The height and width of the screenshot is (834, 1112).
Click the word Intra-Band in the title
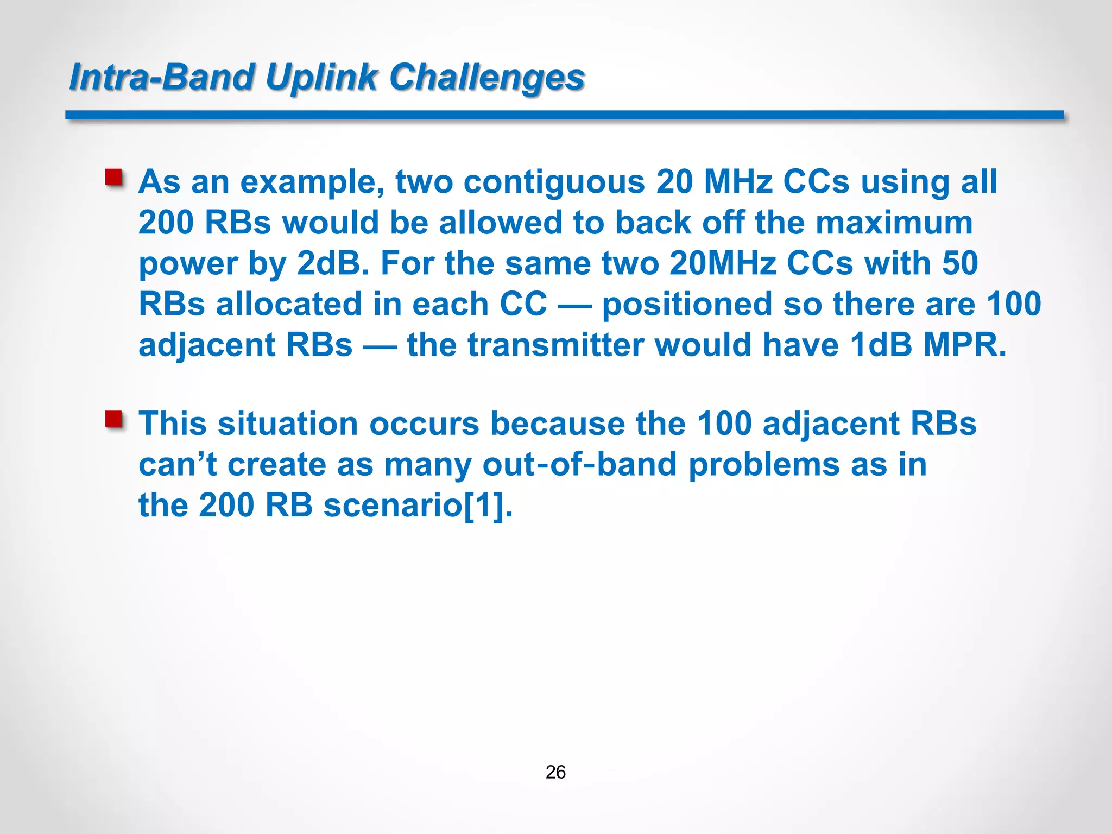click(x=162, y=77)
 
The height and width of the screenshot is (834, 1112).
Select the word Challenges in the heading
click(x=487, y=77)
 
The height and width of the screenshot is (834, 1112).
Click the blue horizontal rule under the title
click(x=565, y=115)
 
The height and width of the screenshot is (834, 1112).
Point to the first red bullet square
click(x=114, y=178)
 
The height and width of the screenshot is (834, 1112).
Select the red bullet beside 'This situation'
click(x=114, y=420)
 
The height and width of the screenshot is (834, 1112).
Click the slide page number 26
click(x=555, y=772)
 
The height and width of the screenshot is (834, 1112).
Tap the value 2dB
click(x=332, y=263)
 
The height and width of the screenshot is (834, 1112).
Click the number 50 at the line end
click(x=960, y=263)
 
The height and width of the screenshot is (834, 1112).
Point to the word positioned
click(x=686, y=304)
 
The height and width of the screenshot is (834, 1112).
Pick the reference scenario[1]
click(x=418, y=506)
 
